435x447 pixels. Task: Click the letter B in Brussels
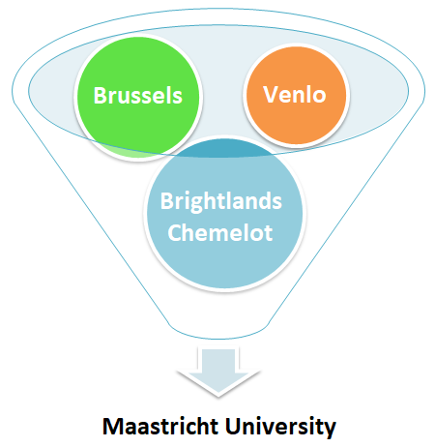[x=100, y=96]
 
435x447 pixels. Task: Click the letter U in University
[x=239, y=426]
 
